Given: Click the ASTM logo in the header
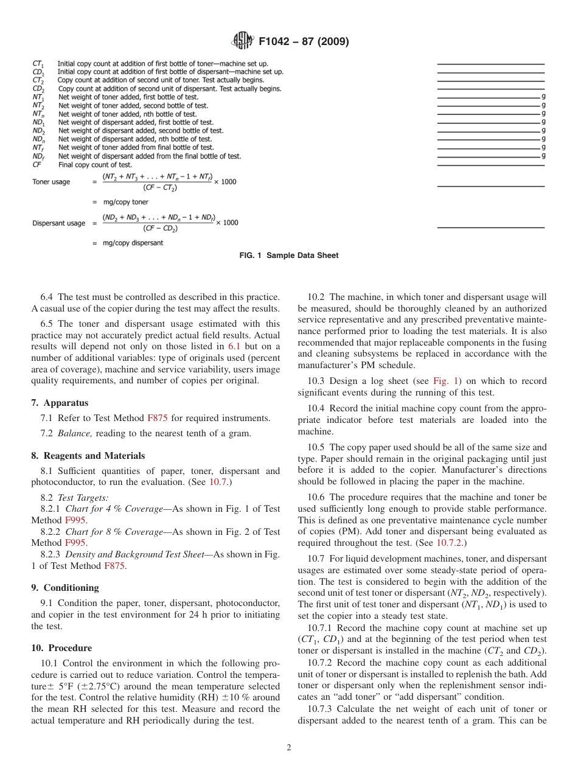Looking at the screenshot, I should tap(243, 41).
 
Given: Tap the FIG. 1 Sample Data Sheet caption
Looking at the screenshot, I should tap(289, 256).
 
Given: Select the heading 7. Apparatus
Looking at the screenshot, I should tap(60, 403).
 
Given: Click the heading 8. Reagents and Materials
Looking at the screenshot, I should tap(88, 456).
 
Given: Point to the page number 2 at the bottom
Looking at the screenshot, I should tap(289, 748).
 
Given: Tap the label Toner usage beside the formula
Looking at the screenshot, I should tap(51, 182).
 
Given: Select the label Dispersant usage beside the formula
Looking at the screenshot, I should tap(58, 223).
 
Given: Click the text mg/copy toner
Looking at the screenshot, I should tap(125, 202).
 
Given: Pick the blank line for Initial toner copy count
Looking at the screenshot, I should tap(490, 64).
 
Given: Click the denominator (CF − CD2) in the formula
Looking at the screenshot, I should tap(161, 229).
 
